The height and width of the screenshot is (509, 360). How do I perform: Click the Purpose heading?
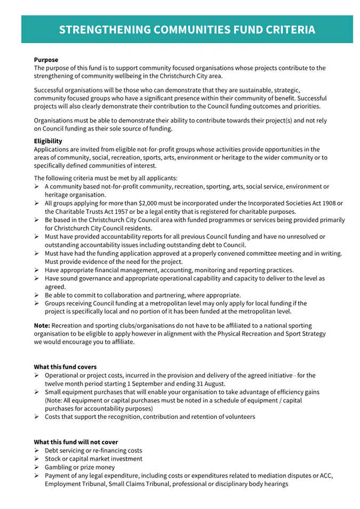[46, 60]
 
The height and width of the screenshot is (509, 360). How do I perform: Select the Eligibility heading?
[48, 141]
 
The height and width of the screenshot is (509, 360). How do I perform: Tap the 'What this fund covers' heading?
[65, 367]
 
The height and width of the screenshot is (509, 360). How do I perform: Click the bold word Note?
[43, 325]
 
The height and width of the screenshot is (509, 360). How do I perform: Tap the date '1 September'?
[139, 383]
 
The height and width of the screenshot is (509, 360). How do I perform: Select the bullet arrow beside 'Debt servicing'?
[37, 450]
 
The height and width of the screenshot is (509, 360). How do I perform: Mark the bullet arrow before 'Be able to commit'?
[37, 295]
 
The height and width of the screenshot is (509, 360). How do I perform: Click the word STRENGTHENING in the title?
[101, 29]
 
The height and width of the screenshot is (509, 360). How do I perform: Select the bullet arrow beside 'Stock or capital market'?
[37, 458]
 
